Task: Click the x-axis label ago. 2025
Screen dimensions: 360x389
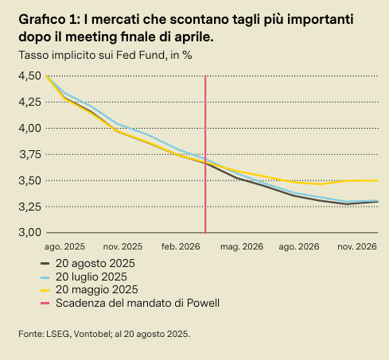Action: [x=65, y=248]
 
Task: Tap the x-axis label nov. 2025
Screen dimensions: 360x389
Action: [x=123, y=248]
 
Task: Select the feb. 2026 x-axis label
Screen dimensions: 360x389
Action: [x=180, y=248]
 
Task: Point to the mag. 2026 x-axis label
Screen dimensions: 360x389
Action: [x=241, y=248]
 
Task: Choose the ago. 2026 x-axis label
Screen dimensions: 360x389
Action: [x=298, y=248]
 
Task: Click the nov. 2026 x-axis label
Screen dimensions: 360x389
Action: [x=356, y=248]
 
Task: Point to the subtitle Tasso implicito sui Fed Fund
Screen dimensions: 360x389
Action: [x=104, y=55]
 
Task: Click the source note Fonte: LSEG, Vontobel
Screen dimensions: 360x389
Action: [x=104, y=334]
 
